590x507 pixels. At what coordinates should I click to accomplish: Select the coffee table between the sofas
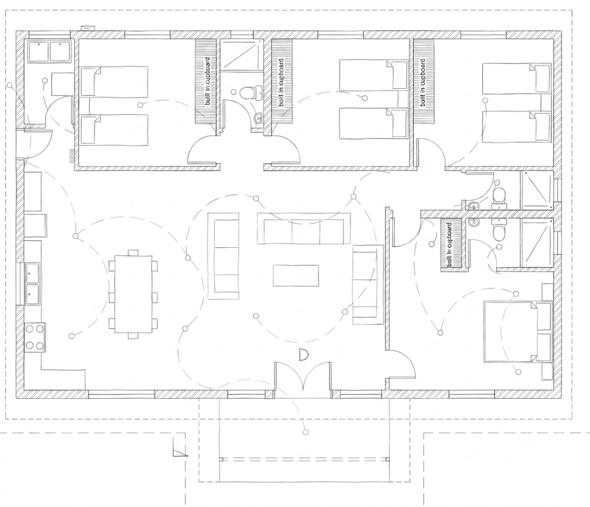click(296, 275)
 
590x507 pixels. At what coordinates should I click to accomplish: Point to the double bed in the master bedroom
click(518, 331)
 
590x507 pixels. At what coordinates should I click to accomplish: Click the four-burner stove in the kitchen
click(35, 338)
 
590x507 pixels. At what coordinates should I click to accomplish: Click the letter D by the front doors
click(303, 355)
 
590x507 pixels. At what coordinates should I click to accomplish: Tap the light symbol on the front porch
click(305, 432)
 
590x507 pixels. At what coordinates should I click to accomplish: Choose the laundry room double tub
click(50, 51)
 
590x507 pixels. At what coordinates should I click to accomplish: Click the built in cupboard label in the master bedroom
click(449, 245)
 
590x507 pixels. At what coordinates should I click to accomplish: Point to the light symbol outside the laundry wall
click(9, 85)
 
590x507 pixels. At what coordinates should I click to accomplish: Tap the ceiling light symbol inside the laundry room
click(45, 81)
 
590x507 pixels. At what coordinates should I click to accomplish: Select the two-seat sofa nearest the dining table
click(224, 256)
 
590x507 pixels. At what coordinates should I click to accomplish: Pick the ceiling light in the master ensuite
click(500, 247)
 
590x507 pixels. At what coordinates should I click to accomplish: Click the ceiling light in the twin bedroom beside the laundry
click(141, 105)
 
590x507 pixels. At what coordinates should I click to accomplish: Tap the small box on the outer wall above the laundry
click(88, 28)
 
